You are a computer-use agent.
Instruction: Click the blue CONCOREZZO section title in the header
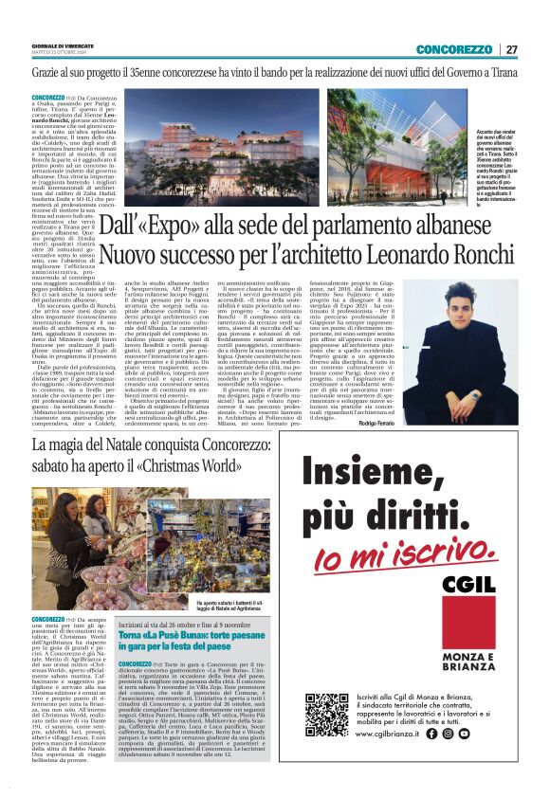453,49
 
